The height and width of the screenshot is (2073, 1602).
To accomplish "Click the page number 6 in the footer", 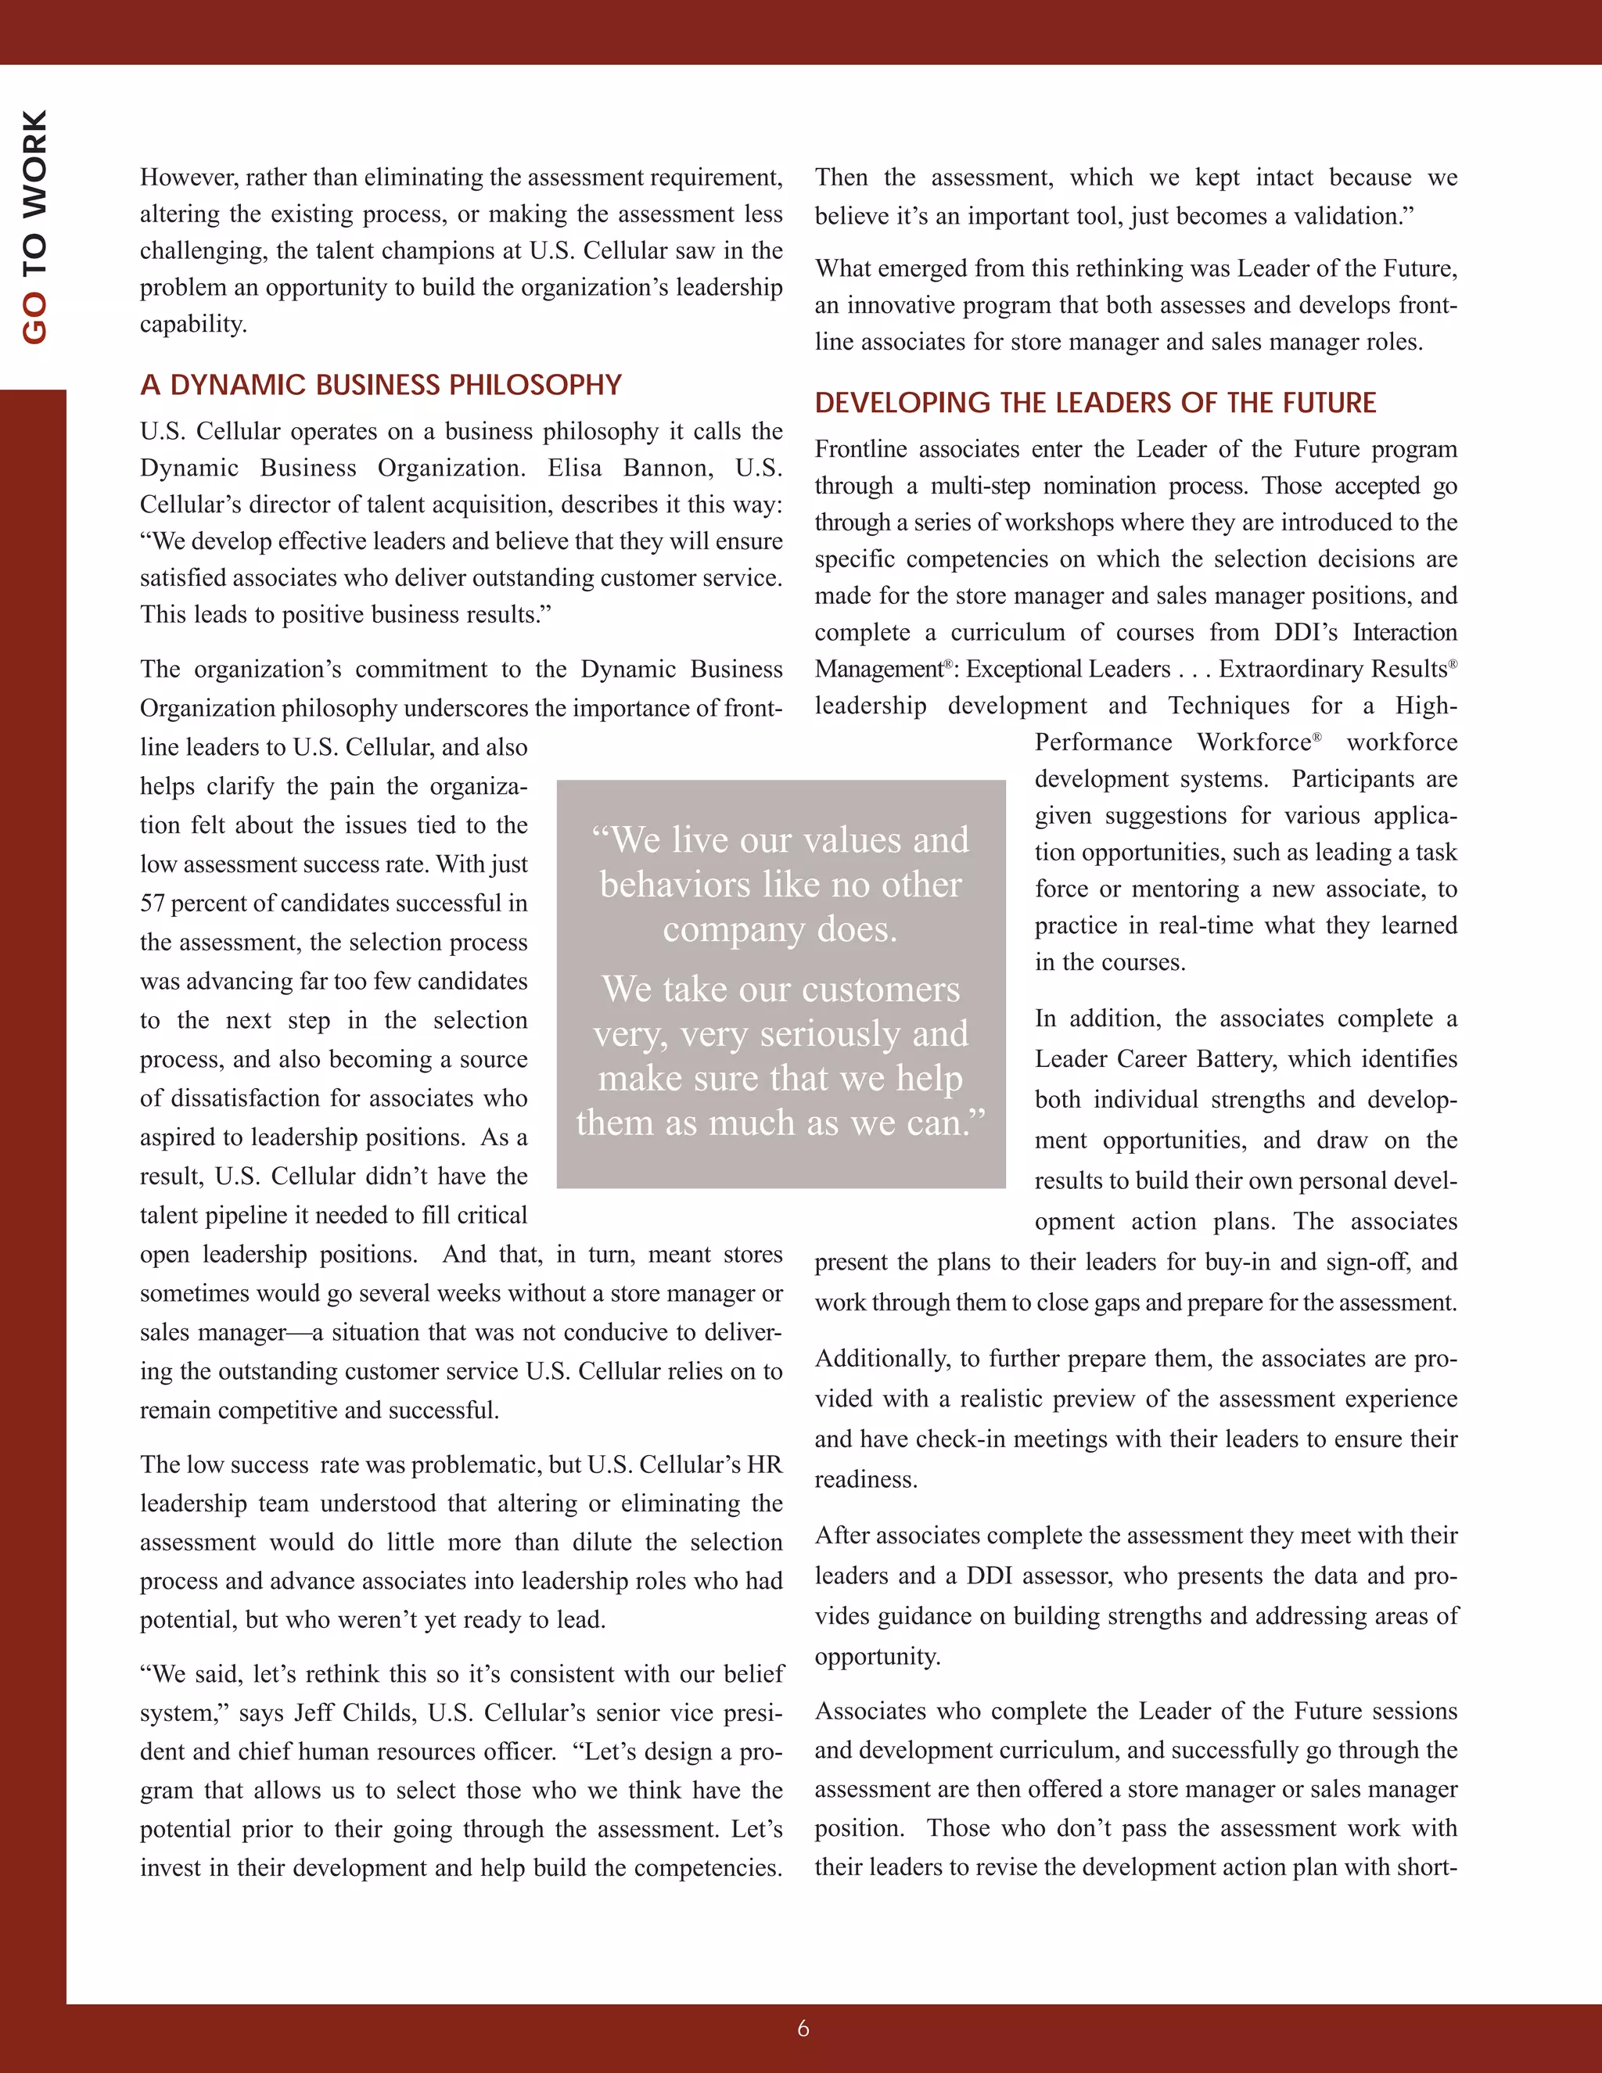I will pyautogui.click(x=803, y=2028).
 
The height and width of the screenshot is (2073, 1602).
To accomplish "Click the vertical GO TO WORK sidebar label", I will pyautogui.click(x=35, y=227).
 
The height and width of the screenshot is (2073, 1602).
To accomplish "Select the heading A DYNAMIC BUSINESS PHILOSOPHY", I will pyautogui.click(x=381, y=384).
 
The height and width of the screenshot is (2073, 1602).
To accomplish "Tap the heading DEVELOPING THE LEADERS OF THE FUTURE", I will pyautogui.click(x=1094, y=402).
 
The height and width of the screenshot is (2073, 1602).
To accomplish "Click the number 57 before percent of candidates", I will pyautogui.click(x=152, y=903).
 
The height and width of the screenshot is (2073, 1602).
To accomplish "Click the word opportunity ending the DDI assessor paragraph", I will pyautogui.click(x=876, y=1656).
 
